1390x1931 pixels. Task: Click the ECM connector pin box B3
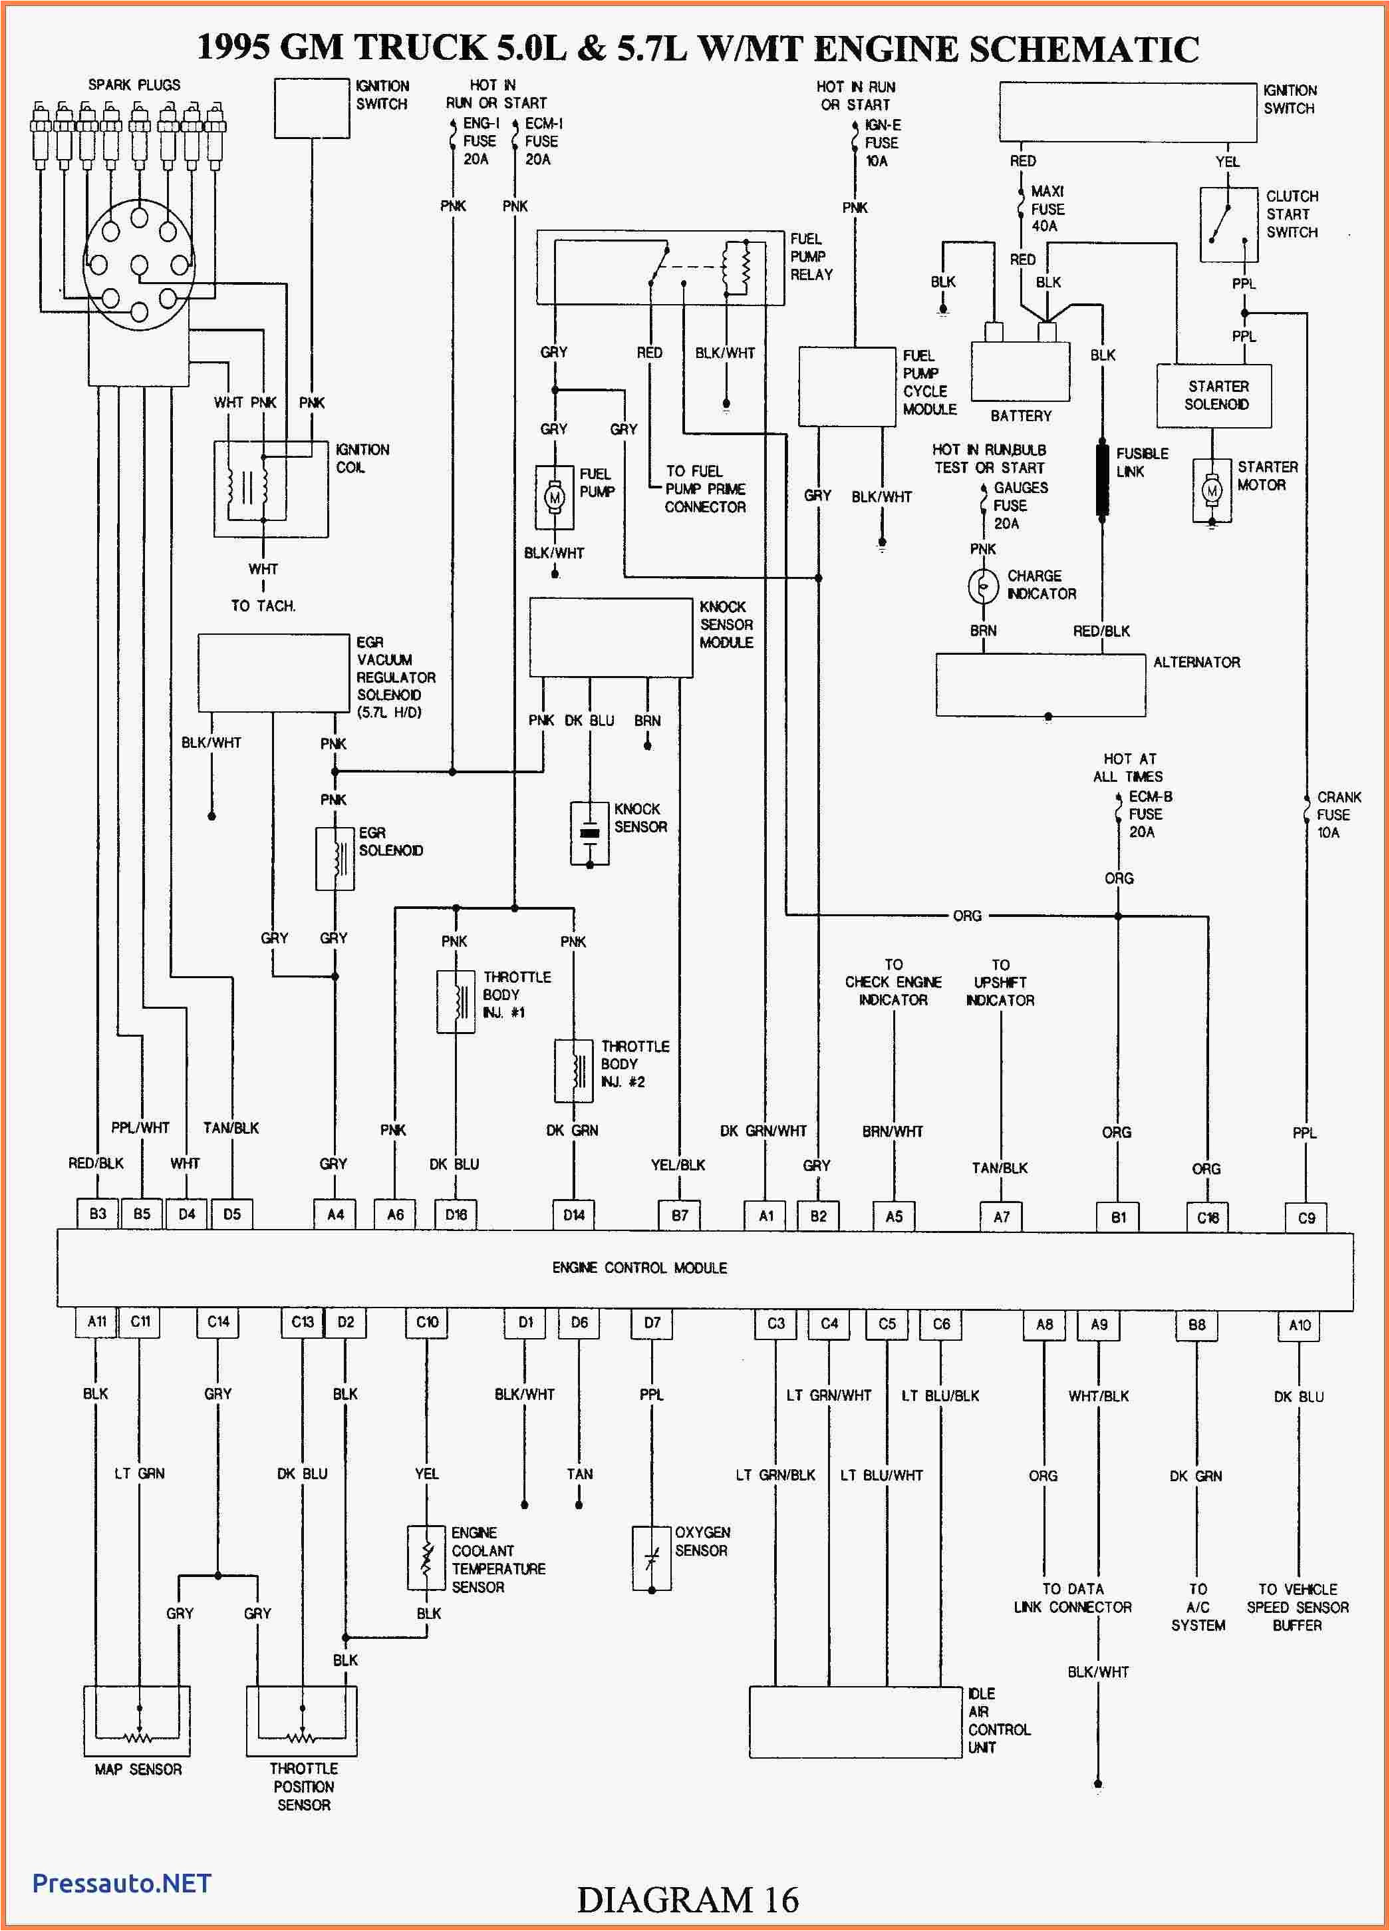tap(98, 1214)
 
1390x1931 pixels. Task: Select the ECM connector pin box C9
tap(1306, 1218)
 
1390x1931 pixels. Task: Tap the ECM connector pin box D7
tap(652, 1323)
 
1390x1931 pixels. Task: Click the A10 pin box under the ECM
tap(1299, 1325)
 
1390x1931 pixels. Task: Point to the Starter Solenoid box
tap(1214, 396)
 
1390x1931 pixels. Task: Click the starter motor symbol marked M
tap(1210, 491)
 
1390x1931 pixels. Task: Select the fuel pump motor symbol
tap(554, 497)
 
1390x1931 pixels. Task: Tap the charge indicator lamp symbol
tap(983, 586)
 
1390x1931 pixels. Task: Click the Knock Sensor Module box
tap(611, 637)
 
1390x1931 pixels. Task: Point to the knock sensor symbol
tap(589, 832)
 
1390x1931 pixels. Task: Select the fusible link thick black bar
tap(1102, 479)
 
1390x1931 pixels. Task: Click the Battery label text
tap(1021, 415)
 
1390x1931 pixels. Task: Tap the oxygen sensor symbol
tap(651, 1559)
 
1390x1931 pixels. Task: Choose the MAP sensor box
tap(137, 1721)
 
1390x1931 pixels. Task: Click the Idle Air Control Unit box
tap(855, 1721)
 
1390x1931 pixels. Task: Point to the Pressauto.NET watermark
tap(122, 1882)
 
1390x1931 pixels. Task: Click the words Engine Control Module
tap(639, 1268)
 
